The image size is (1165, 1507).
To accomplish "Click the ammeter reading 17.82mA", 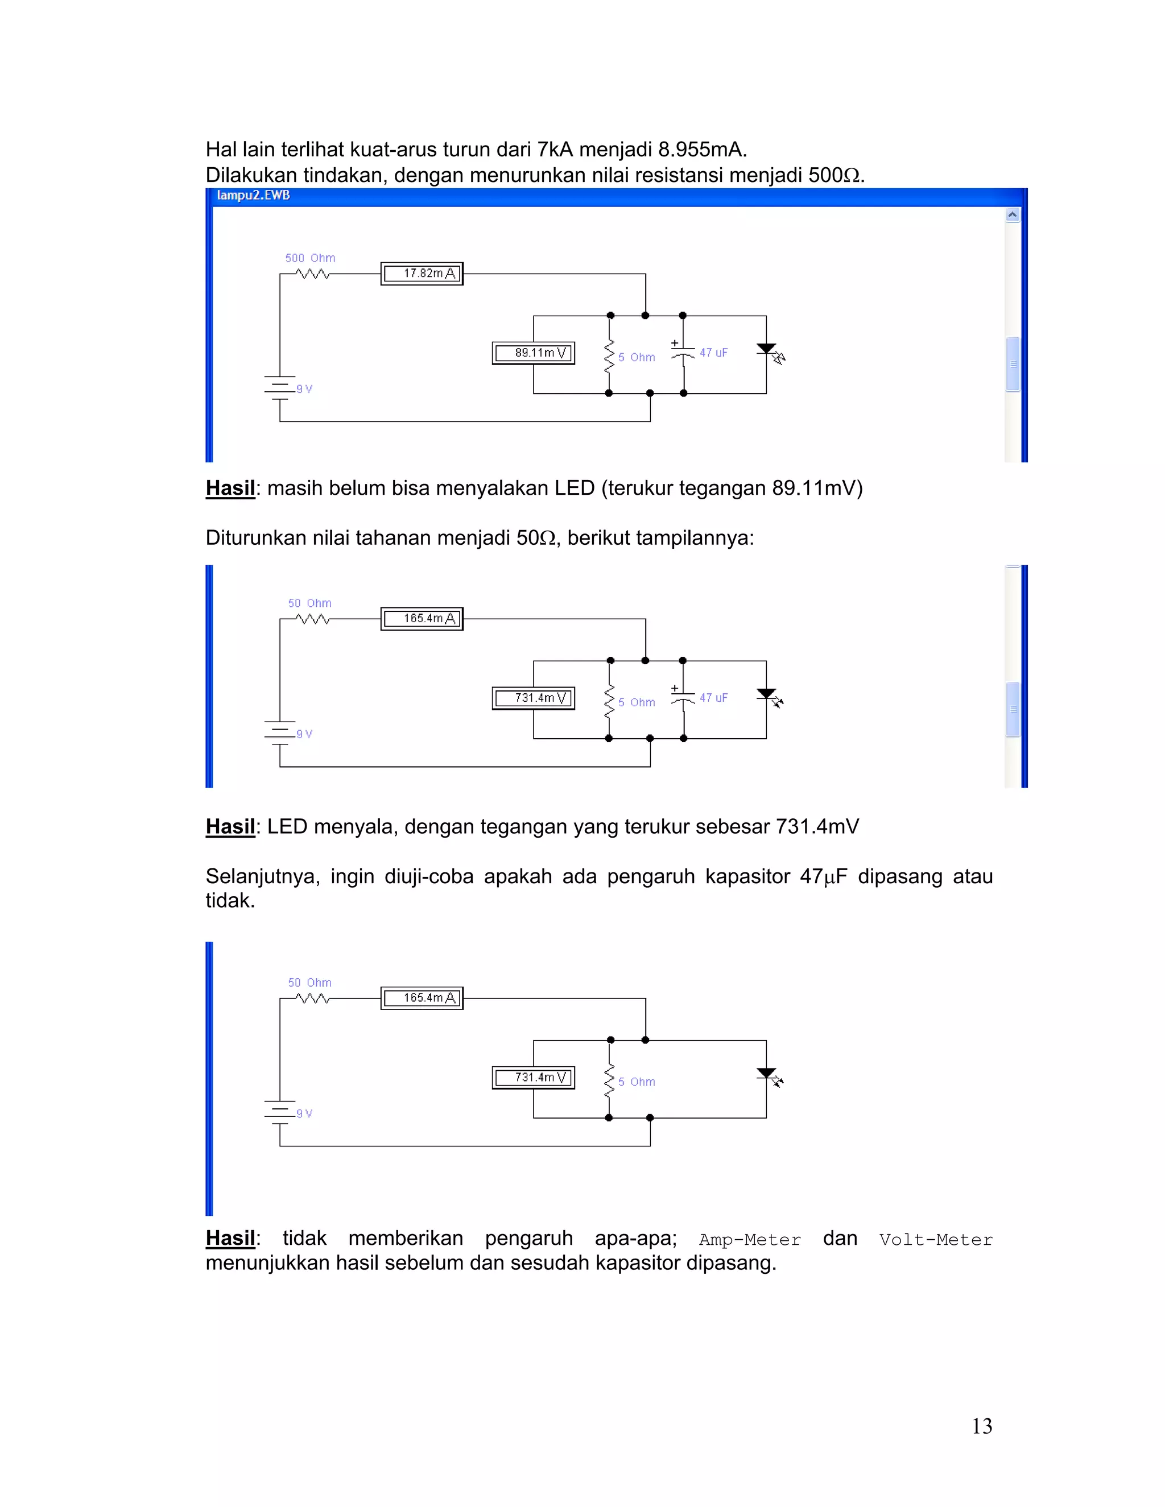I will pos(422,274).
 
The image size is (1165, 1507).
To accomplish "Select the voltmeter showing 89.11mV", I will pos(534,353).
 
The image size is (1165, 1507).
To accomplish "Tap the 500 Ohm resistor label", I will pos(310,258).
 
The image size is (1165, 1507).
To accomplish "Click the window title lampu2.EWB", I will pos(253,195).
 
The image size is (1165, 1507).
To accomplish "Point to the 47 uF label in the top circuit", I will pos(714,353).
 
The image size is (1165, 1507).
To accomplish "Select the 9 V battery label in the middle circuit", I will pos(304,734).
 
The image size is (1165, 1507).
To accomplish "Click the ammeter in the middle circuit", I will pos(422,619).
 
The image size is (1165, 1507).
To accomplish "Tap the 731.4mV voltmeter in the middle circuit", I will pos(534,698).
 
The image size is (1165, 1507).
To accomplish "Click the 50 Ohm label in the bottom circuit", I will pos(310,983).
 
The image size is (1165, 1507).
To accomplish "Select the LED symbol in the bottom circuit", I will pos(768,1075).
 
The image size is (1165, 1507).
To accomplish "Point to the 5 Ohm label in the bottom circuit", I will pos(637,1082).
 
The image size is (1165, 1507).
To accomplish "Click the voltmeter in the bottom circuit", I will pos(534,1078).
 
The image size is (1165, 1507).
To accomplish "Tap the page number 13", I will pos(981,1426).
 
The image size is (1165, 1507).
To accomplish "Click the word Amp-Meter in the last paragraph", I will pos(750,1240).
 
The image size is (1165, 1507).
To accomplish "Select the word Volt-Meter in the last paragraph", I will pos(935,1240).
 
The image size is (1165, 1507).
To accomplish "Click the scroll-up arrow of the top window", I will pos(1013,214).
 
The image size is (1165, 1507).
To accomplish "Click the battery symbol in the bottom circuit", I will pos(279,1112).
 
